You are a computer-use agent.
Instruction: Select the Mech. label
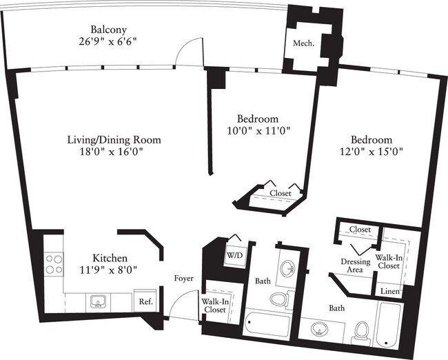tap(304, 43)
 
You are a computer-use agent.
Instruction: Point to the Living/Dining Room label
tap(114, 139)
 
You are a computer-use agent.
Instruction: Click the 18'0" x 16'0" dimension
tap(114, 152)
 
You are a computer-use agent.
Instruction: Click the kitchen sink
tap(97, 300)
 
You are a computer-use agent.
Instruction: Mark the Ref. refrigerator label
tap(145, 301)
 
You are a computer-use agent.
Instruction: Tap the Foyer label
tap(183, 279)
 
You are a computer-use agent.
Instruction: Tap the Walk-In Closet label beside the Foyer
tap(214, 305)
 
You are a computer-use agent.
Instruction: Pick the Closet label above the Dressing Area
tap(360, 230)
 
